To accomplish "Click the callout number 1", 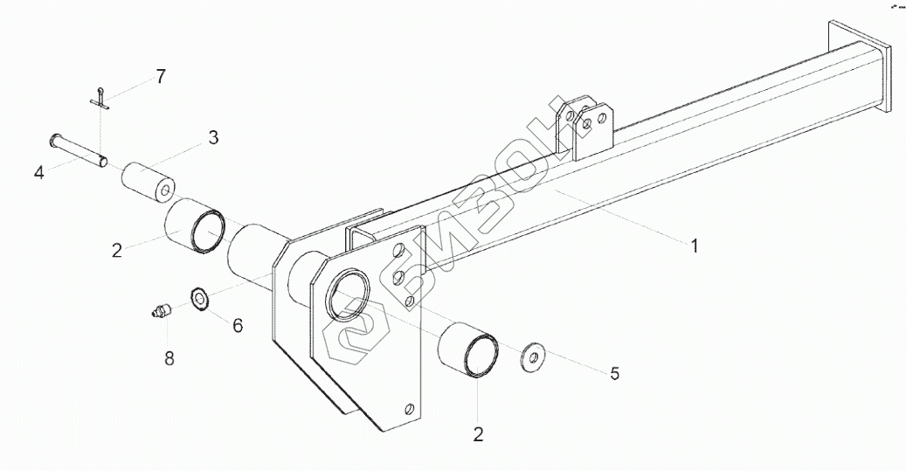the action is [695, 246].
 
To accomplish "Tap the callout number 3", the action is [212, 136].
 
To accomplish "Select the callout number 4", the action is [39, 172].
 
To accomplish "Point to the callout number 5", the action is [614, 373].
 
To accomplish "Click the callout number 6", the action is [238, 325].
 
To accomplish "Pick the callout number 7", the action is [160, 76].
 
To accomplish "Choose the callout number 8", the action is [169, 357].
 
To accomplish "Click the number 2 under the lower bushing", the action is [479, 433].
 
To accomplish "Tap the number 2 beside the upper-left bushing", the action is [116, 250].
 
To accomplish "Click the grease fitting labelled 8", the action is [159, 311].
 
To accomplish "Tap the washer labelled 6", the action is [199, 299].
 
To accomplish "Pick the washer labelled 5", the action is [529, 357].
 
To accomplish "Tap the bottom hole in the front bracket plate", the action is [409, 408].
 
